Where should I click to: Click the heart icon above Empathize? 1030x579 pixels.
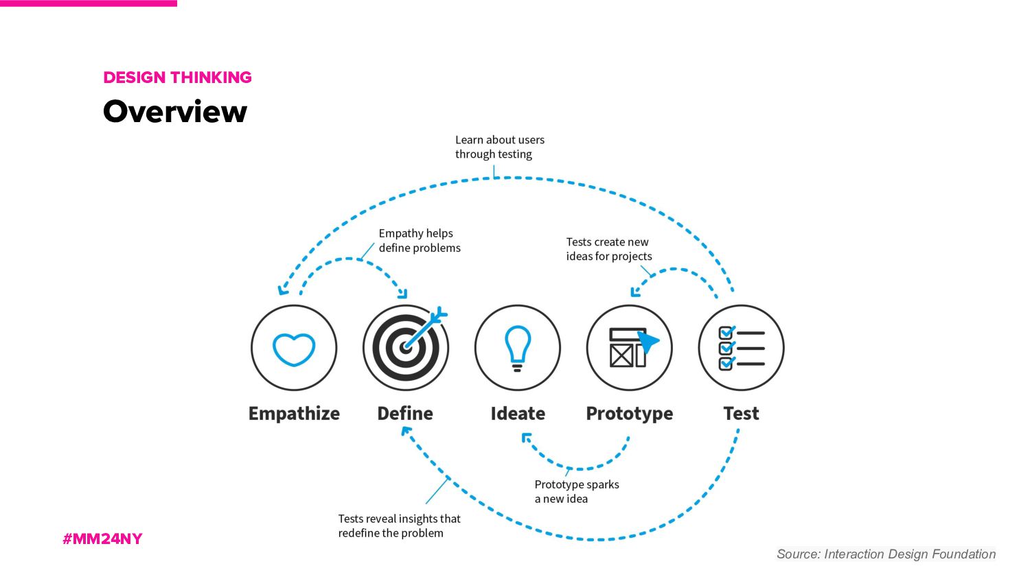click(x=294, y=348)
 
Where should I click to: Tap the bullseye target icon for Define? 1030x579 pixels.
click(x=406, y=348)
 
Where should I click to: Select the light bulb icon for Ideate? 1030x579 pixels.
click(x=518, y=348)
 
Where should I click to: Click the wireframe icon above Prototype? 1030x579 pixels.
click(x=630, y=348)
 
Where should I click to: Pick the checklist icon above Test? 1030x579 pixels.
click(x=741, y=348)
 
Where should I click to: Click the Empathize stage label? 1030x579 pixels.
click(x=294, y=414)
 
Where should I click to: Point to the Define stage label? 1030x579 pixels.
click(x=405, y=414)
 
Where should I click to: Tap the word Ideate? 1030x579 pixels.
click(x=518, y=414)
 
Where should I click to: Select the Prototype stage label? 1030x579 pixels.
click(x=630, y=414)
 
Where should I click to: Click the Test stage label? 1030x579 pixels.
click(x=741, y=414)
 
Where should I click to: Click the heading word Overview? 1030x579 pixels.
click(x=175, y=112)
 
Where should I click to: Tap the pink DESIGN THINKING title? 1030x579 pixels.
click(x=177, y=78)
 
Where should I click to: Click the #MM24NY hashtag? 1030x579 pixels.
click(x=102, y=539)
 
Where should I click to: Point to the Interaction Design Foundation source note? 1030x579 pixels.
click(x=886, y=554)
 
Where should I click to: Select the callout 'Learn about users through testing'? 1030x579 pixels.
click(x=499, y=147)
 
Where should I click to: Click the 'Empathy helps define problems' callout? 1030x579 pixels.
click(x=419, y=241)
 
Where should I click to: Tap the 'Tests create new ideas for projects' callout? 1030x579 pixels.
click(x=608, y=249)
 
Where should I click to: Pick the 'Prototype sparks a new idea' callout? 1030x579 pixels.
click(x=576, y=491)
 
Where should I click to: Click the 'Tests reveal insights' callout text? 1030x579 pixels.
click(x=399, y=526)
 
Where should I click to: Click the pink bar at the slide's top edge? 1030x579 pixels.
click(x=88, y=3)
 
